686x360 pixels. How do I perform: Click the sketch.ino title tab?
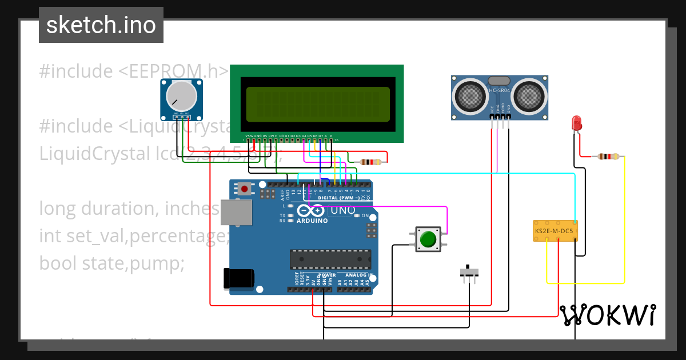[101, 25]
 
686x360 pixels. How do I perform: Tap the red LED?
[576, 123]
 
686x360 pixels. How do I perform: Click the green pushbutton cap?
[428, 238]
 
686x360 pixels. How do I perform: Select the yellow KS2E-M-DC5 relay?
[555, 231]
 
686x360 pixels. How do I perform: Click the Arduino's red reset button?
[245, 188]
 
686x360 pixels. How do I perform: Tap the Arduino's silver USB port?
[234, 211]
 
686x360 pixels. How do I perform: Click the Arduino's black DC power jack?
[238, 278]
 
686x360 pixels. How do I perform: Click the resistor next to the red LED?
[608, 156]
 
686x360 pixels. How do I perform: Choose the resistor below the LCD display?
[371, 162]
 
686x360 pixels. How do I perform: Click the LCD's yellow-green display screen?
[318, 103]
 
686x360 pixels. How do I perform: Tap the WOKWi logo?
[607, 315]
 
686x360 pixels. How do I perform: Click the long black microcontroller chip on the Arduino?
[325, 259]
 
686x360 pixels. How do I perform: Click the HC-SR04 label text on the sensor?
[500, 90]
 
